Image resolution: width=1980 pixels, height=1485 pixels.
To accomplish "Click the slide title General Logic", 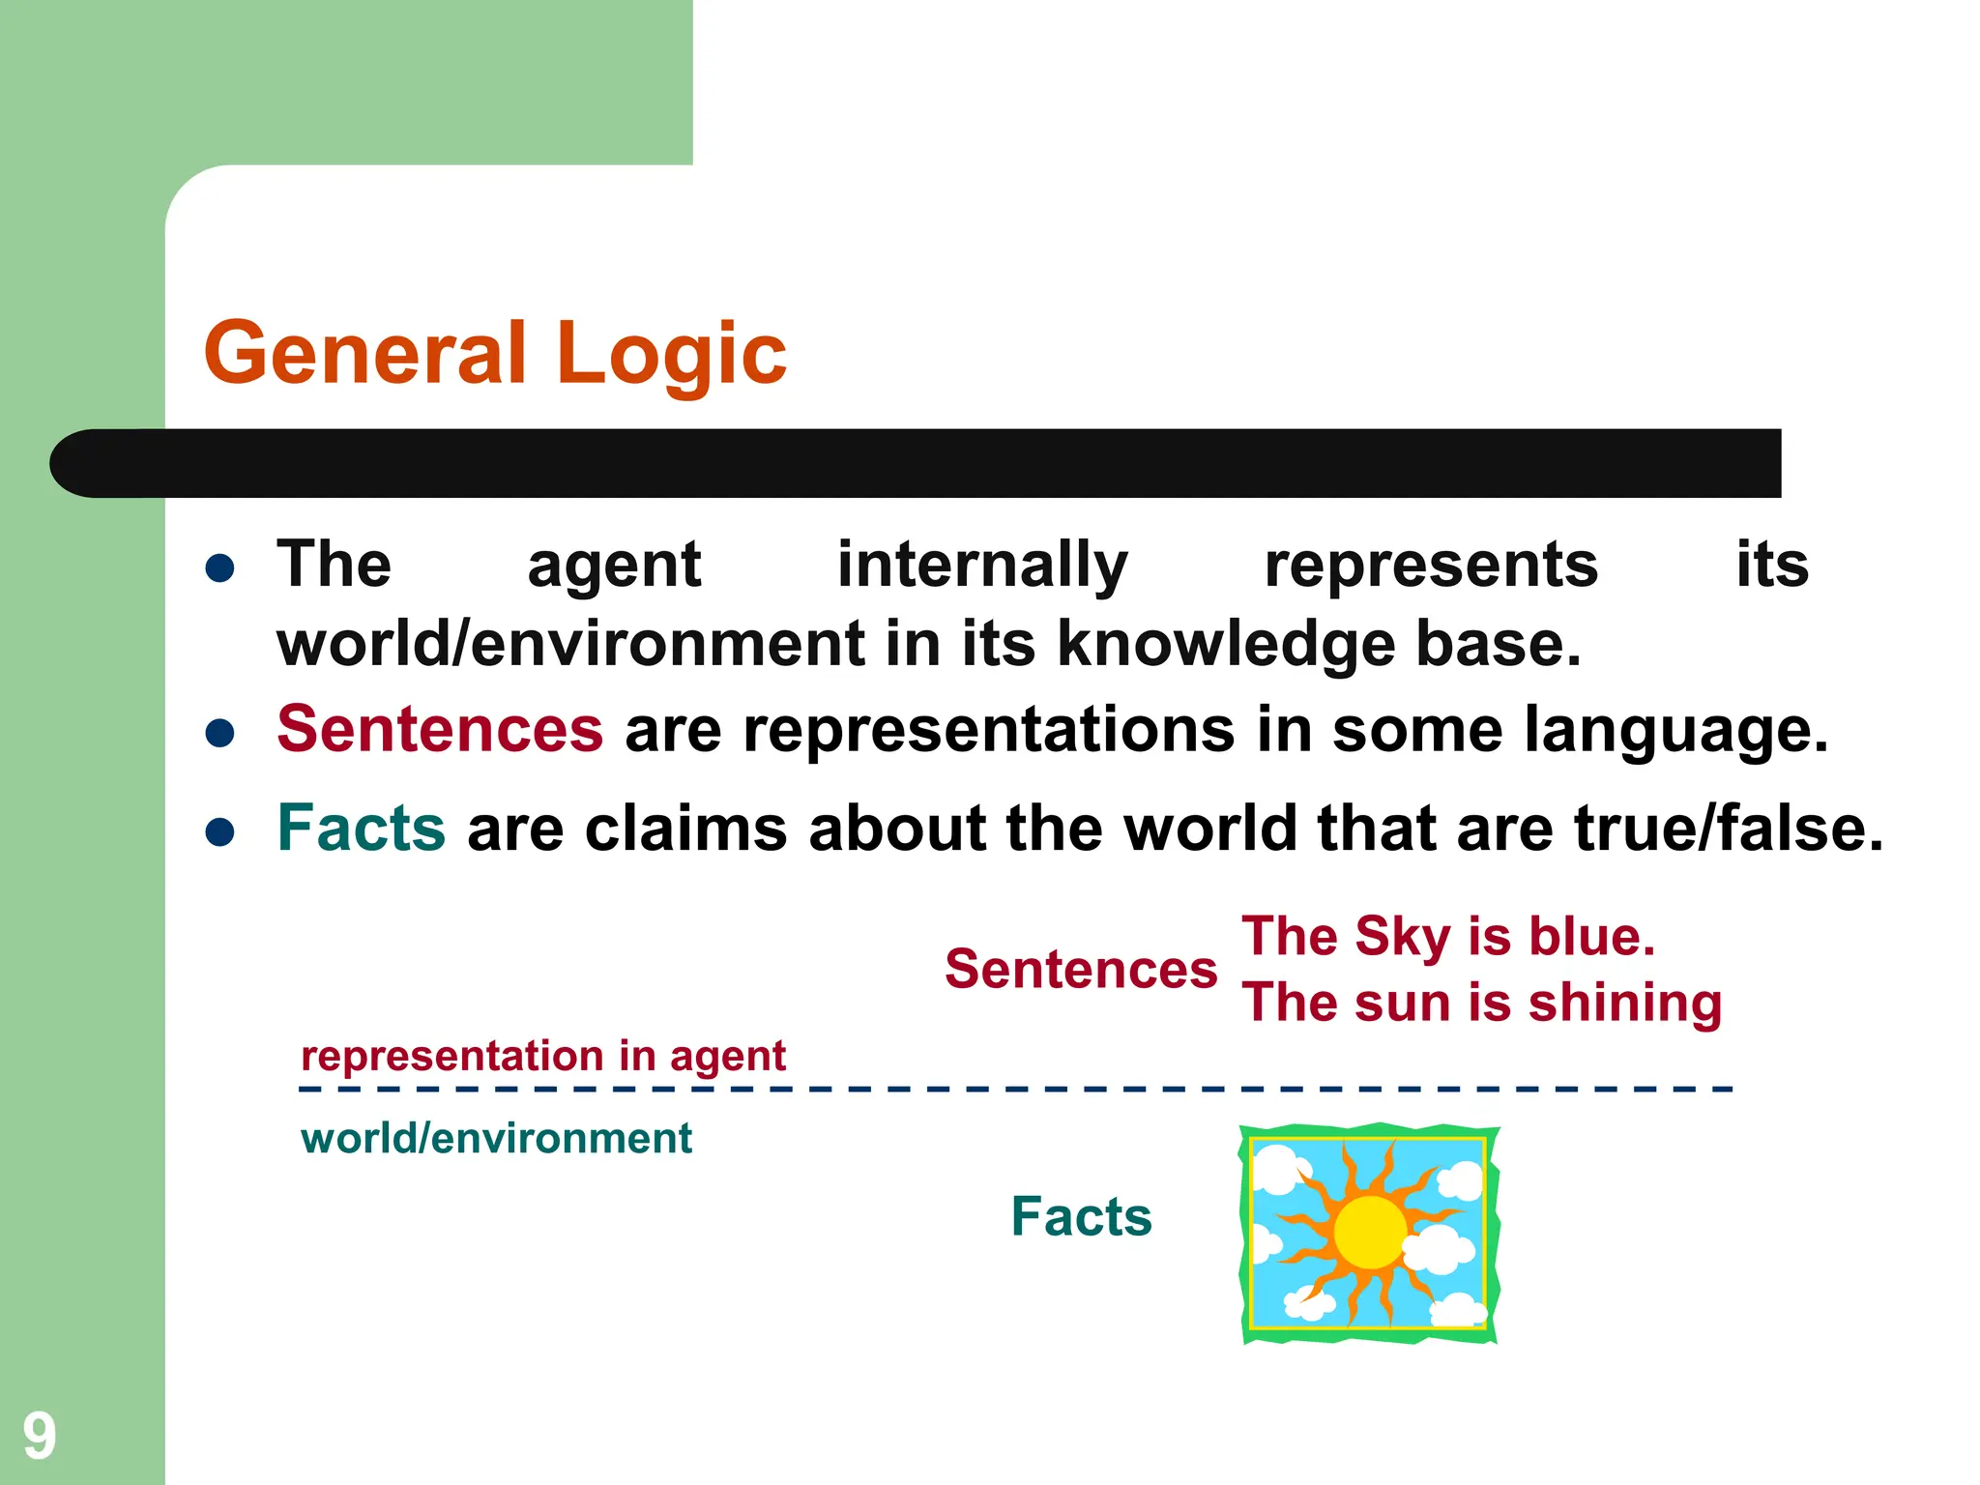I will click(x=494, y=354).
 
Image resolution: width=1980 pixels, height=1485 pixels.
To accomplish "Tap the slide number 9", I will click(x=40, y=1436).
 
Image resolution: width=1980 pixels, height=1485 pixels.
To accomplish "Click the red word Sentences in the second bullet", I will click(x=440, y=729).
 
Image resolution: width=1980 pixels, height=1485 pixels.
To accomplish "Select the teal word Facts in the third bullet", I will click(x=361, y=829).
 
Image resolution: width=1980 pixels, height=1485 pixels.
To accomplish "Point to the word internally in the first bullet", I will click(x=981, y=566).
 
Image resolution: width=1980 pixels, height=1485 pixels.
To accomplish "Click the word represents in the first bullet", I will click(x=1431, y=566).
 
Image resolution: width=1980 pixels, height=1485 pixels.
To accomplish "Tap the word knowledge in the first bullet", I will click(x=1225, y=646).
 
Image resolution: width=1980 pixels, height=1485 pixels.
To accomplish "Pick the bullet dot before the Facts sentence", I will click(x=220, y=831).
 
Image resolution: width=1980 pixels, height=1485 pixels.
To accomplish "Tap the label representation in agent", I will click(x=543, y=1056).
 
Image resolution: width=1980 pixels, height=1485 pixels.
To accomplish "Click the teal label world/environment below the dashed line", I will click(x=496, y=1139).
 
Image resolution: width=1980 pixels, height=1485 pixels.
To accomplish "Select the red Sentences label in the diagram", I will click(x=1080, y=970).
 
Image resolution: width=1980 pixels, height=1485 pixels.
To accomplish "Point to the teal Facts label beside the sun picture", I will click(x=1081, y=1216).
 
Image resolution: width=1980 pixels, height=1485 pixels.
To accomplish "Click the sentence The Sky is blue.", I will click(x=1447, y=937).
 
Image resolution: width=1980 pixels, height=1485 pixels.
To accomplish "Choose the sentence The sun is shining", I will click(x=1481, y=1003).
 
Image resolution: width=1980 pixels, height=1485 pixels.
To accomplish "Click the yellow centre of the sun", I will click(x=1369, y=1232).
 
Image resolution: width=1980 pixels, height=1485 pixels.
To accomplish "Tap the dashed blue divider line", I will click(x=1015, y=1090).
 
